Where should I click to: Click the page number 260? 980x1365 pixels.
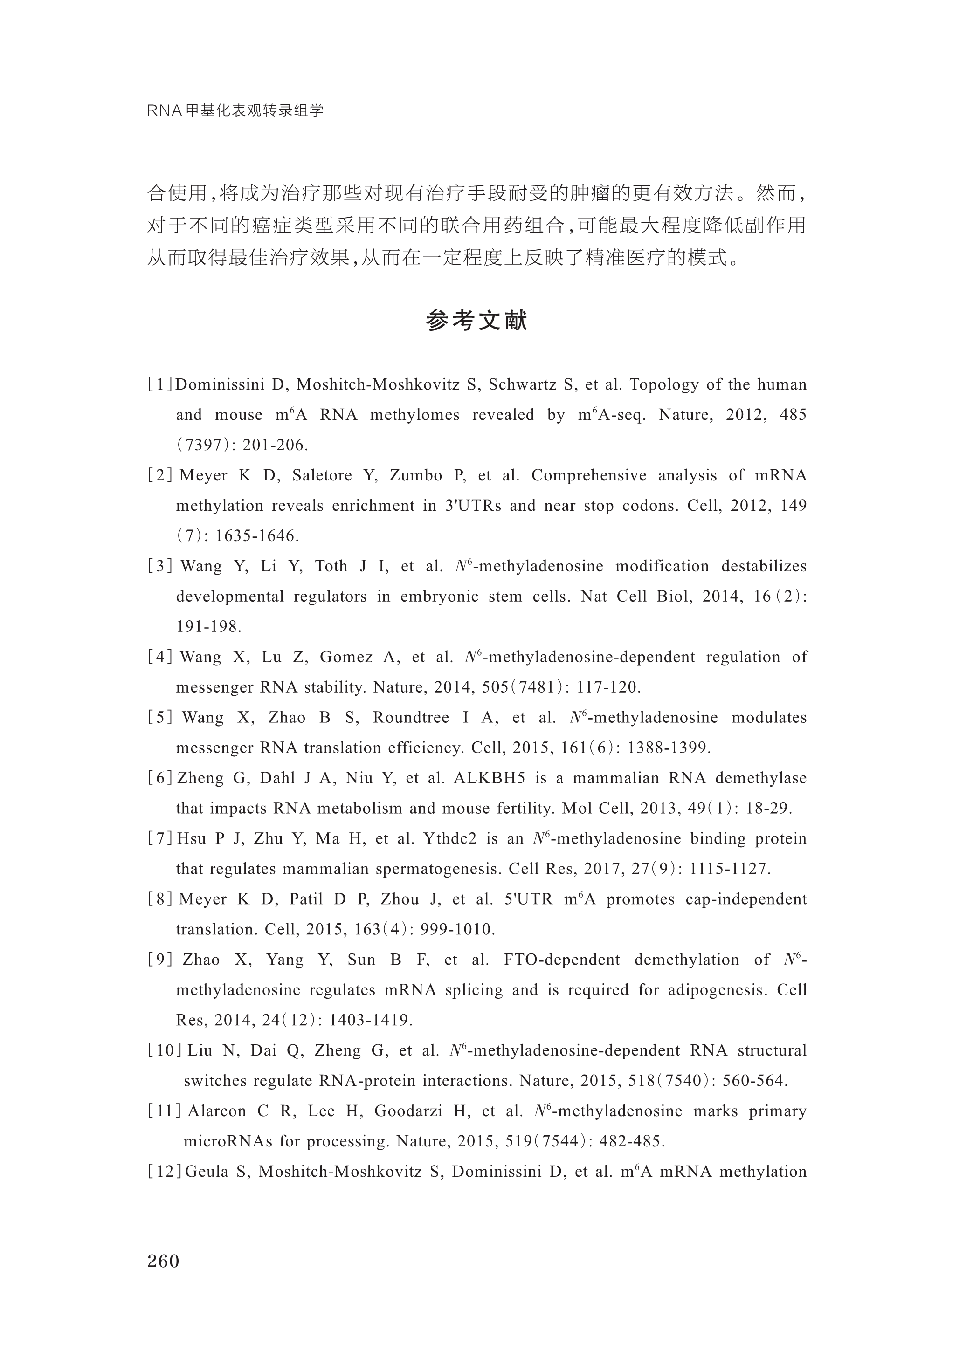click(163, 1260)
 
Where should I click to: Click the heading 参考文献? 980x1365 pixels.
click(477, 321)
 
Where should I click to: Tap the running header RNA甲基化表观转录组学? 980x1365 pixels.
click(235, 111)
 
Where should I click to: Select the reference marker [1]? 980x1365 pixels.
click(160, 384)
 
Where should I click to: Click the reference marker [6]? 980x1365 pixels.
click(160, 778)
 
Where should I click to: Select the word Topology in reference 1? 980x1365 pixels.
click(663, 384)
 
